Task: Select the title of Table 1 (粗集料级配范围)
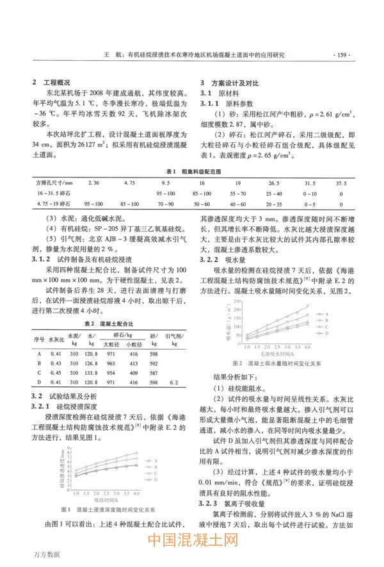[x=191, y=173]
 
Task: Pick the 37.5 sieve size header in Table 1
[x=340, y=183]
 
